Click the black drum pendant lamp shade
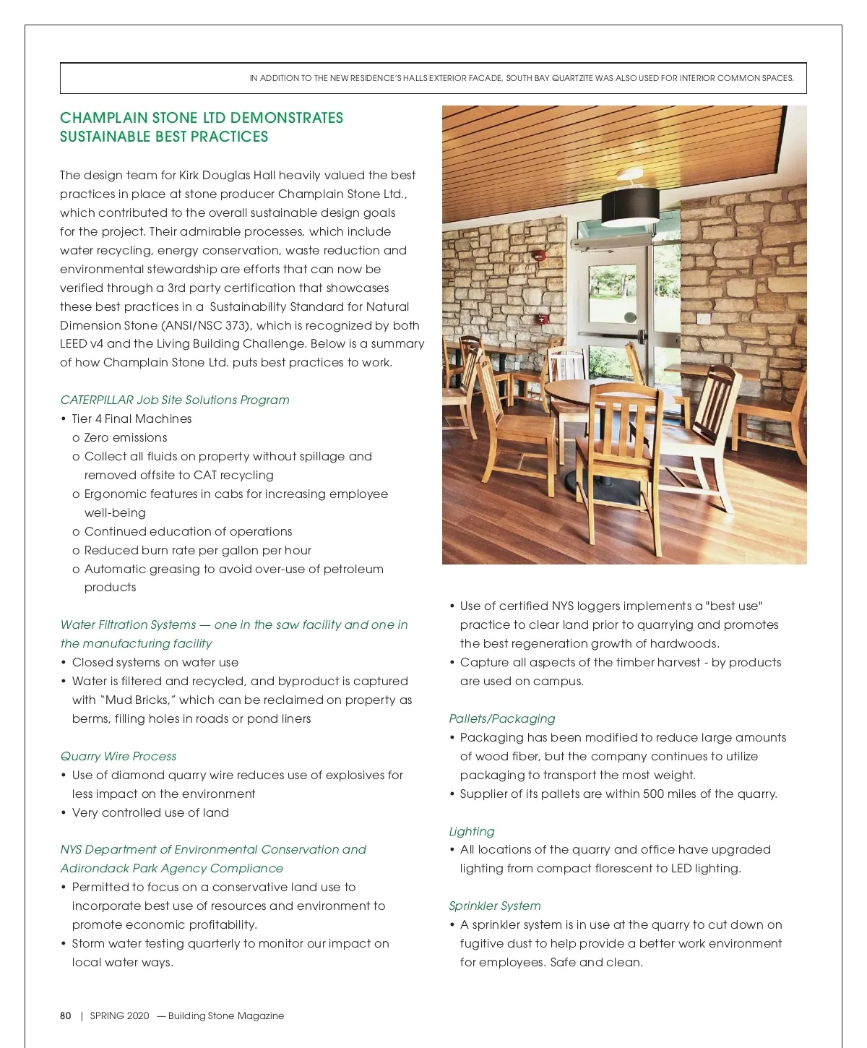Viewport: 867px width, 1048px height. click(x=629, y=205)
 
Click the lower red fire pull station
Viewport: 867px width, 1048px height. click(x=540, y=319)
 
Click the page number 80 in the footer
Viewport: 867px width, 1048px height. click(x=66, y=1015)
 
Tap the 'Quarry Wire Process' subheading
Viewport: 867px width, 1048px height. click(x=118, y=756)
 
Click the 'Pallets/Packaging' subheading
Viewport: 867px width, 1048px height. click(x=502, y=718)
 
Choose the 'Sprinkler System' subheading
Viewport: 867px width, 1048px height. click(x=495, y=906)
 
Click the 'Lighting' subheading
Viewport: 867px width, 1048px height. click(x=472, y=831)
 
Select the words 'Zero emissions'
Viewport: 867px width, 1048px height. click(x=126, y=437)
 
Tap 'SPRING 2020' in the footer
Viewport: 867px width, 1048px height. click(x=119, y=1015)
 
